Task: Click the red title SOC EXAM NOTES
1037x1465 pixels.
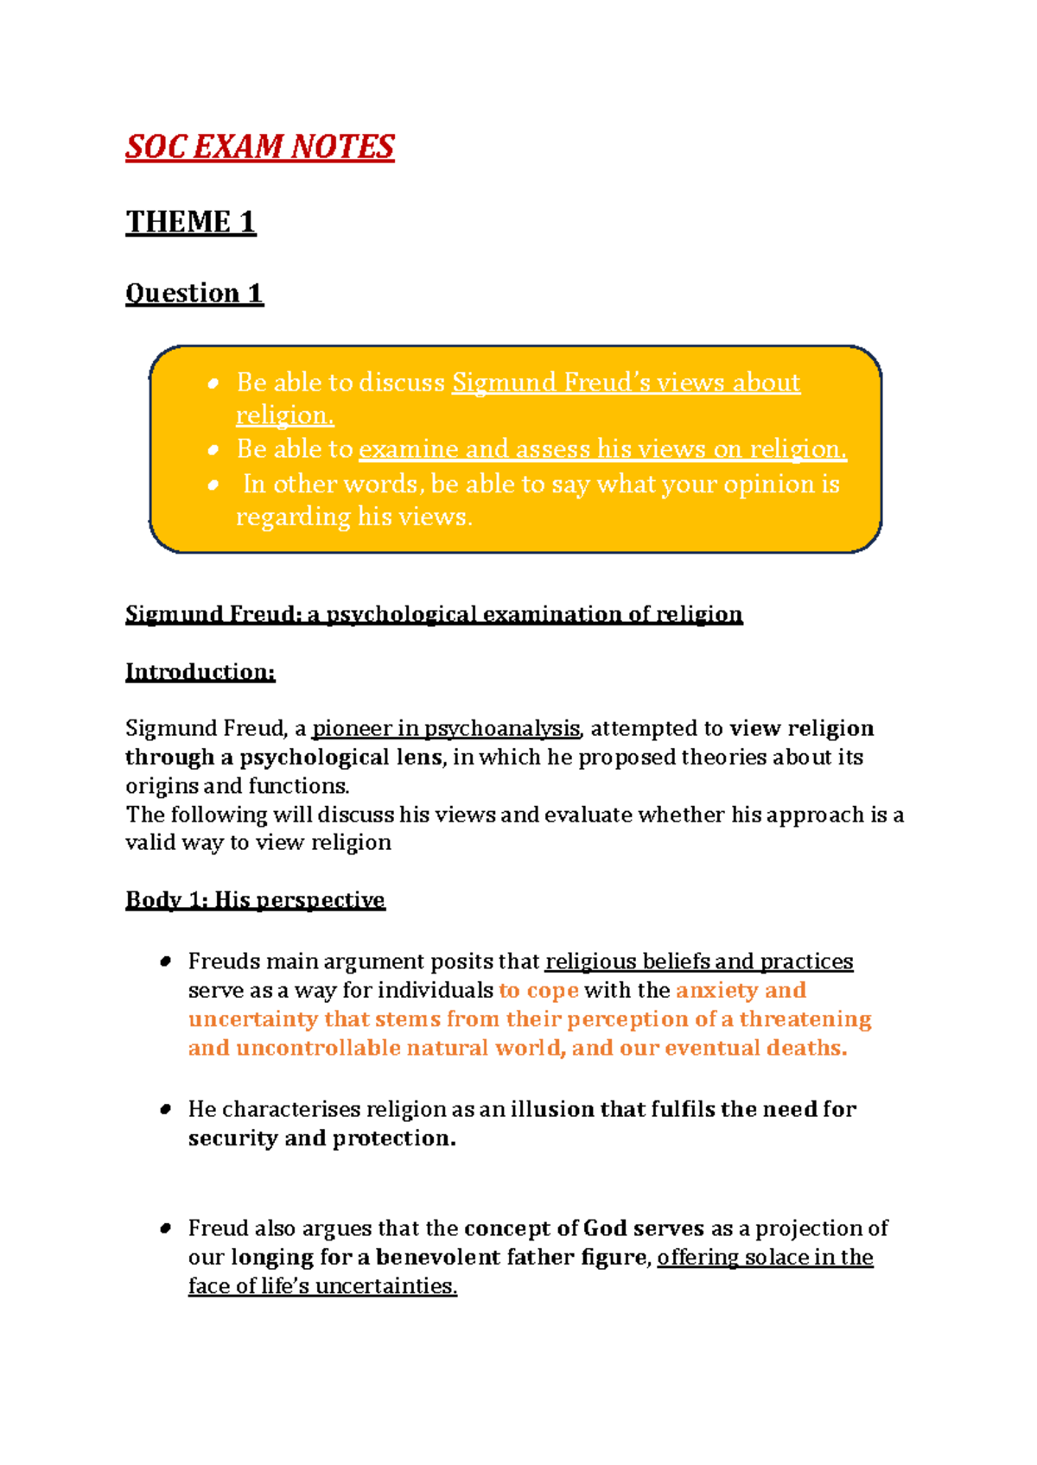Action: (x=259, y=147)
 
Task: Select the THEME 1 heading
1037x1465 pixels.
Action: (x=190, y=222)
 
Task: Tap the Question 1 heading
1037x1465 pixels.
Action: (x=194, y=294)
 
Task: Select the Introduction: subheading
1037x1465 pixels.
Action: (x=200, y=672)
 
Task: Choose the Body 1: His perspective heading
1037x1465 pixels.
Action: (x=255, y=900)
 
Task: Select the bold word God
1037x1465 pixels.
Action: (x=605, y=1228)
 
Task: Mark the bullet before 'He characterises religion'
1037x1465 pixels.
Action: (x=165, y=1110)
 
